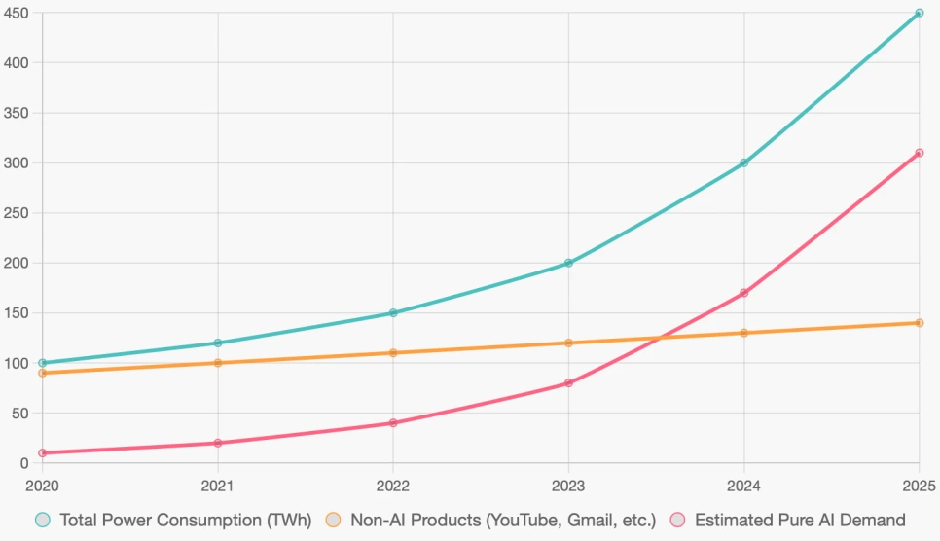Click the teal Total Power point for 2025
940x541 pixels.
point(919,13)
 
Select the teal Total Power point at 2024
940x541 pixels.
point(743,162)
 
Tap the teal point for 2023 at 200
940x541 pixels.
point(568,263)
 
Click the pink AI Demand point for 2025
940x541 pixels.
point(919,153)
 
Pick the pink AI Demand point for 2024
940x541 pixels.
point(743,293)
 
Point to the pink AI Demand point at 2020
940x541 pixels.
point(43,452)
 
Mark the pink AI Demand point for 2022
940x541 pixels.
point(393,423)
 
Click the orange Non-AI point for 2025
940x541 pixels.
point(919,323)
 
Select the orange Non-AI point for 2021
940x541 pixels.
point(218,363)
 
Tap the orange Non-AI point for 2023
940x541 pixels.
point(568,343)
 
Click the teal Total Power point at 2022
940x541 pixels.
point(393,312)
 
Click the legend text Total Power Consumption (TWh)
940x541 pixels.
point(185,521)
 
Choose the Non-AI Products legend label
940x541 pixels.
point(503,521)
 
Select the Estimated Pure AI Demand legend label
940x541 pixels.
point(800,521)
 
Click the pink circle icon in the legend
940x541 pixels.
point(676,521)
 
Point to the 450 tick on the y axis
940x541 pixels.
point(18,13)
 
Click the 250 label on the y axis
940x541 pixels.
point(18,213)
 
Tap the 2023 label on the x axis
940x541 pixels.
point(568,485)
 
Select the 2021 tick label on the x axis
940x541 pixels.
point(218,485)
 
